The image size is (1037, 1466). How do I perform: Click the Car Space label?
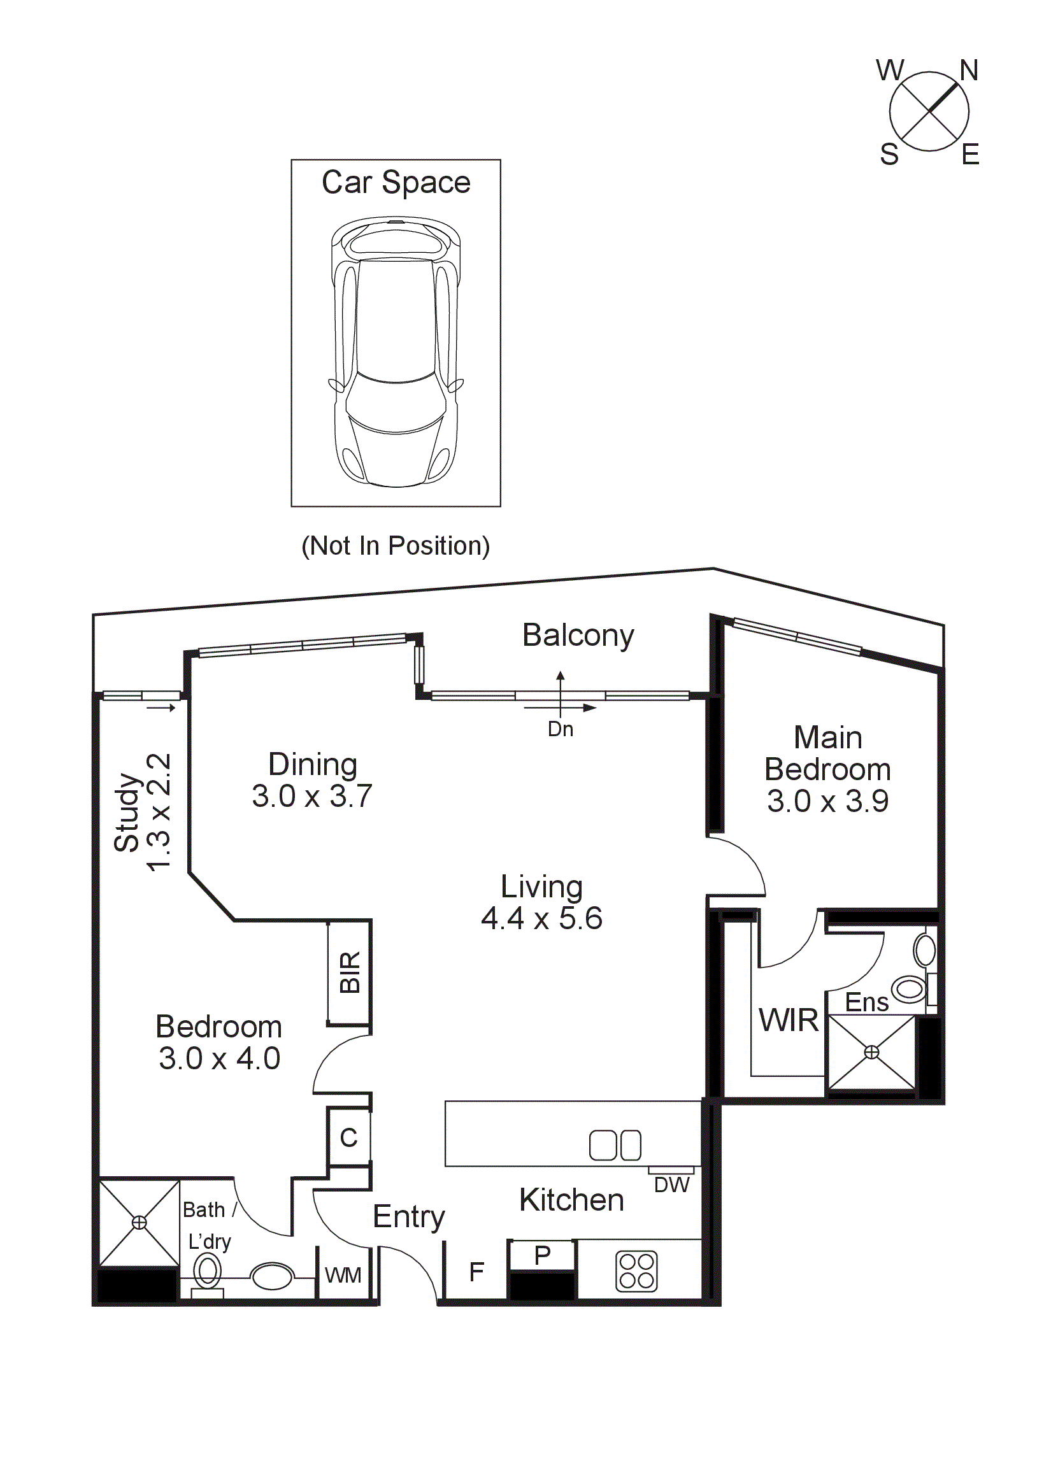tap(396, 183)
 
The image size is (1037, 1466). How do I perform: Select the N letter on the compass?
tap(968, 70)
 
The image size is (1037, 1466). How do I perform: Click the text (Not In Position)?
tap(396, 546)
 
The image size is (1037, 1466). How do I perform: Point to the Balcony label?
tap(578, 636)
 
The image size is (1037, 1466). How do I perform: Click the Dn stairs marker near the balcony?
tap(560, 729)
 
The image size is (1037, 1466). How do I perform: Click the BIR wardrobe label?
tap(350, 972)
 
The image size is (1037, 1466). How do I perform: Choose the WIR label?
tap(788, 1020)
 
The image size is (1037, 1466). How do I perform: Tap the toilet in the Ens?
tap(910, 989)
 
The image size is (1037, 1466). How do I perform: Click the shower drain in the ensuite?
tap(871, 1051)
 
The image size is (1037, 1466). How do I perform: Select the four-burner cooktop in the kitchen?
tap(636, 1270)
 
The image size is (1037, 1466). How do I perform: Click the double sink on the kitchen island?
tap(614, 1145)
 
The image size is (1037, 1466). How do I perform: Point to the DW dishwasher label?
tap(671, 1185)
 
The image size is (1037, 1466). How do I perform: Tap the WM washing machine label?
tap(343, 1275)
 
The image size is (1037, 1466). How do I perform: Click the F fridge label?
tap(476, 1272)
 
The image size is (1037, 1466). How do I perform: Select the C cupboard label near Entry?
tap(348, 1137)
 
